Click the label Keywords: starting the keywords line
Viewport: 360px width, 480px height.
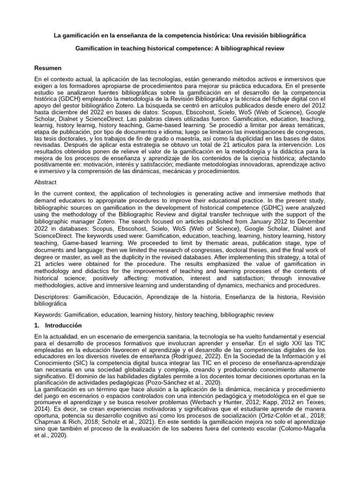pyautogui.click(x=49, y=315)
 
